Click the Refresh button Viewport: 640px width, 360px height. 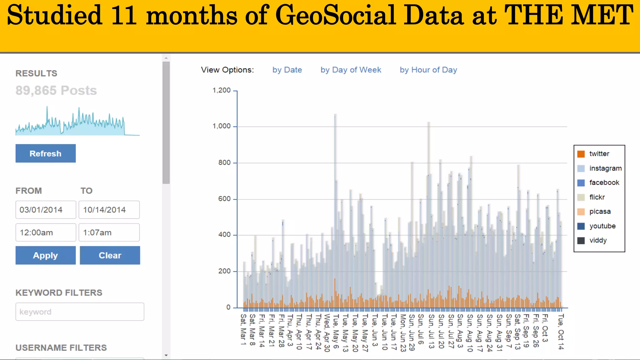46,153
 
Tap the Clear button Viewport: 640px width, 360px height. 110,255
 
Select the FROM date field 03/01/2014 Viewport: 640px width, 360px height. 46,210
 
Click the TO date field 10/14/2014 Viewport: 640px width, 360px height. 109,210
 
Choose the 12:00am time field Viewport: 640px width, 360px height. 46,232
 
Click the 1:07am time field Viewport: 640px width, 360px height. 109,232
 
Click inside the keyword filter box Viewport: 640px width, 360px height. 80,312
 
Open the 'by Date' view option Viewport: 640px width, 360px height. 287,70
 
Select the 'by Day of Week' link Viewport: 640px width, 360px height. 351,70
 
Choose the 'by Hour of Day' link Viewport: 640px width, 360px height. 428,70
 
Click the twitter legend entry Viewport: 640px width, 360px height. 599,154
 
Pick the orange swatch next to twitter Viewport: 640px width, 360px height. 581,154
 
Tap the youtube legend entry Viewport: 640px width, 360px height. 602,226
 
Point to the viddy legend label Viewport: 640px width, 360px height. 598,240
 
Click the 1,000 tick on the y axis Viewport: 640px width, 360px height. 222,126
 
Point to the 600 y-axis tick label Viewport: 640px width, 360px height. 224,199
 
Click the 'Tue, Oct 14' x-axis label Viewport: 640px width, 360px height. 561,332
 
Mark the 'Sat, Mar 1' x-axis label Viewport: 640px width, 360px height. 243,329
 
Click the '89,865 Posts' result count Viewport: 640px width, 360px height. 56,91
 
